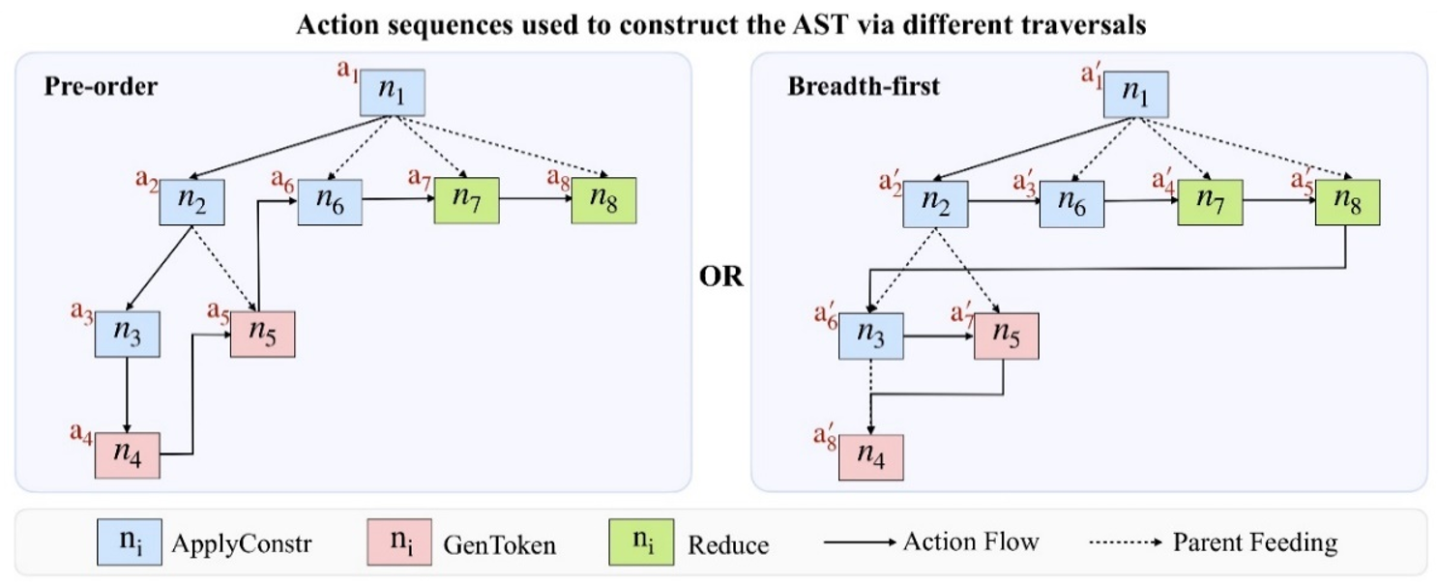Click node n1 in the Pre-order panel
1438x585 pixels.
[x=392, y=93]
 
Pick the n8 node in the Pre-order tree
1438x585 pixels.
[x=602, y=201]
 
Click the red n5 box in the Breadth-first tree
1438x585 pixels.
[x=1006, y=336]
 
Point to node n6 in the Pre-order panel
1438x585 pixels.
[x=329, y=201]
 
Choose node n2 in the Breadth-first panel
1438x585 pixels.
[x=936, y=202]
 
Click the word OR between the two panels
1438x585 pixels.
[x=721, y=277]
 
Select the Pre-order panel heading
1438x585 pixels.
[x=101, y=86]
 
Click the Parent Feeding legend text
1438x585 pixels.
[x=1254, y=542]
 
